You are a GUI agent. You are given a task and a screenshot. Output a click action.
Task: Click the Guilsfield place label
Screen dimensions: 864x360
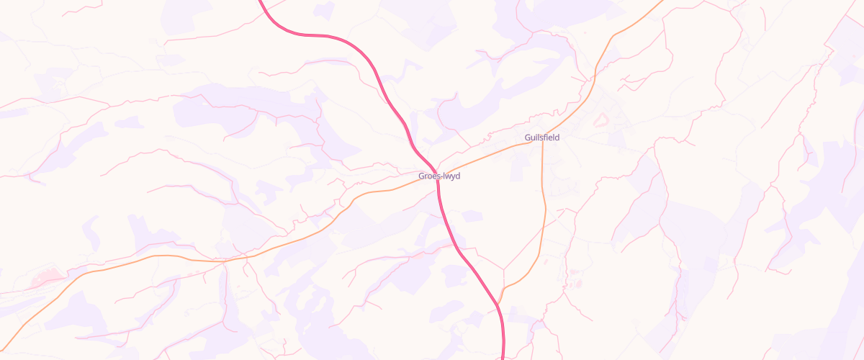pos(541,138)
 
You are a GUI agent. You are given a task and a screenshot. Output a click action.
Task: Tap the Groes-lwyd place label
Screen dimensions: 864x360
pos(439,176)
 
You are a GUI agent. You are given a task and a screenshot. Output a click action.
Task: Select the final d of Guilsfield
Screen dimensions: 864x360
pos(557,138)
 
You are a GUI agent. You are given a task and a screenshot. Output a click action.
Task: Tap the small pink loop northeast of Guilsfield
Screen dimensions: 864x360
pos(601,120)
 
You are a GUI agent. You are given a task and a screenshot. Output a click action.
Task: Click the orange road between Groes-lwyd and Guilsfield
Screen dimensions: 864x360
pos(490,153)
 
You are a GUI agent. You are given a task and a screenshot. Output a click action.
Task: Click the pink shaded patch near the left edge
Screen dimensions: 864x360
pos(47,276)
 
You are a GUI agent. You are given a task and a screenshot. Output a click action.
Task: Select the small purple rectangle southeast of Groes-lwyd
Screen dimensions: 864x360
pos(472,216)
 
